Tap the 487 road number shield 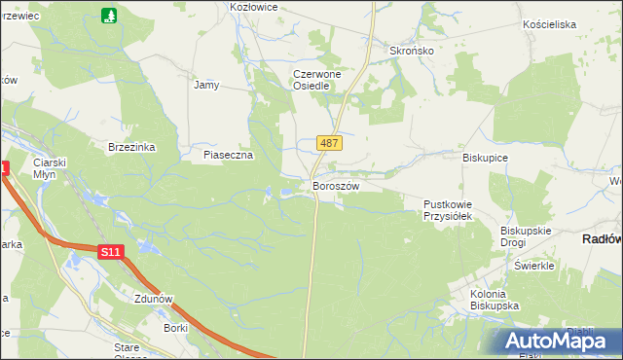pos(329,143)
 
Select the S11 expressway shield pos(111,252)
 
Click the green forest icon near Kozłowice pos(108,16)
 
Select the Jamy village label pos(206,85)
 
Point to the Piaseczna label pos(229,155)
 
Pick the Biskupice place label pos(486,157)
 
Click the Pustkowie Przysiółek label pos(447,210)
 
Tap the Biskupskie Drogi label pos(527,236)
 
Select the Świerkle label pos(533,266)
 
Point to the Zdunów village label pos(154,301)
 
